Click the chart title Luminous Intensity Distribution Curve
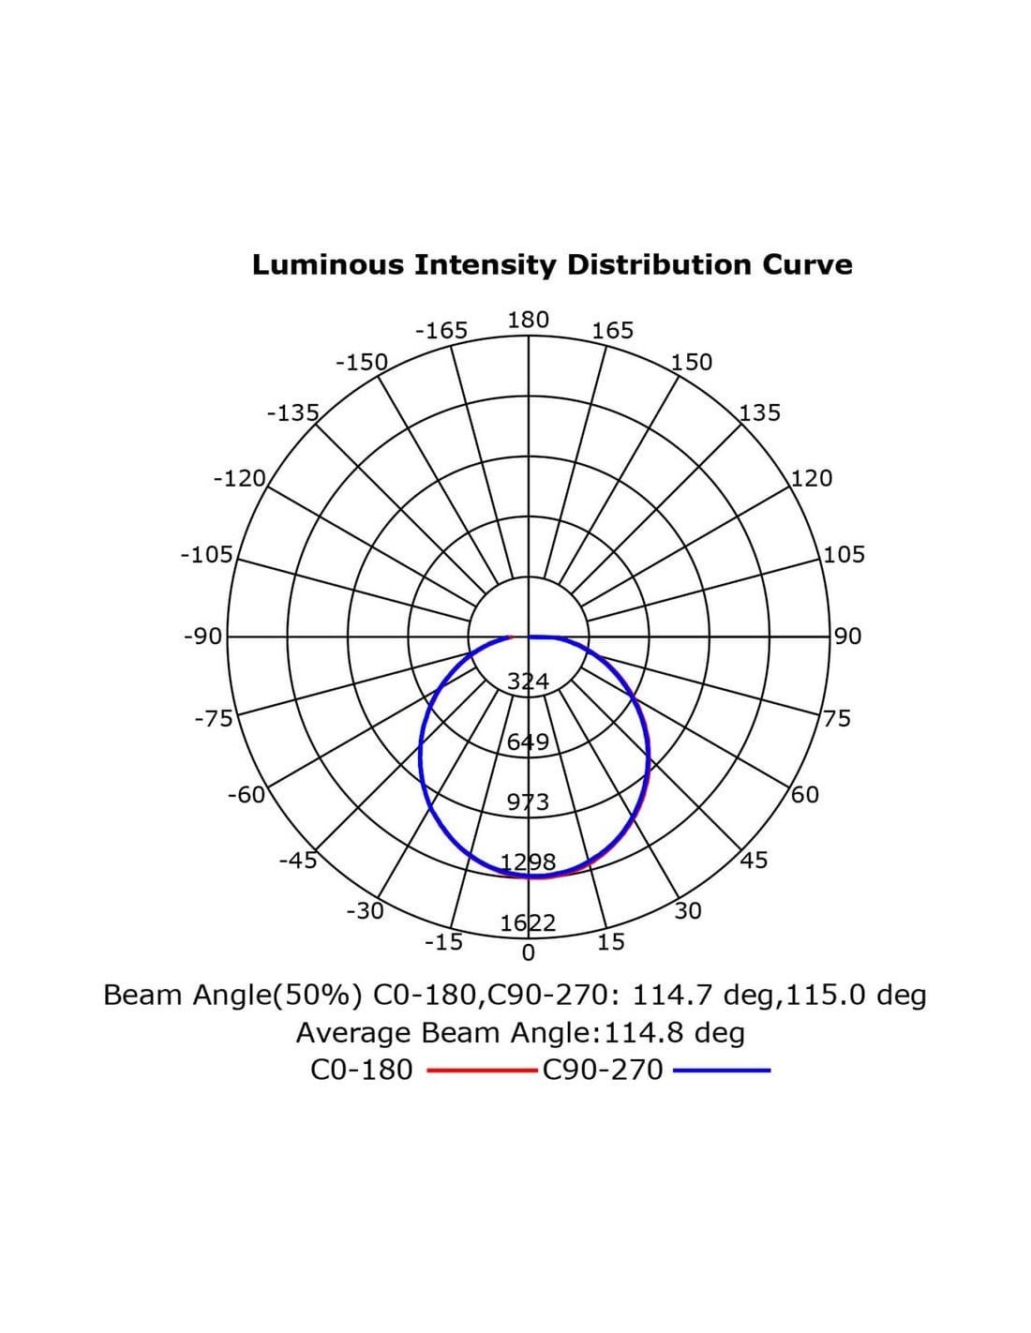point(552,264)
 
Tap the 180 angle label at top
point(528,320)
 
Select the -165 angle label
point(441,330)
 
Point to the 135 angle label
point(759,412)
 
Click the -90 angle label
point(203,637)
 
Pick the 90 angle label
point(847,637)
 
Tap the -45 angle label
point(298,860)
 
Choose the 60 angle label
point(805,795)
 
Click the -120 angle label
point(240,478)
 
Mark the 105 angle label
point(844,554)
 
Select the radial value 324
point(528,681)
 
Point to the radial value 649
point(528,742)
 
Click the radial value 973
point(528,802)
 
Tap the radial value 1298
point(528,862)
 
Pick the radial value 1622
point(528,923)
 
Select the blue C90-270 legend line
point(722,1070)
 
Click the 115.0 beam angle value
point(826,995)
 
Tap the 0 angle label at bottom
point(529,953)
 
